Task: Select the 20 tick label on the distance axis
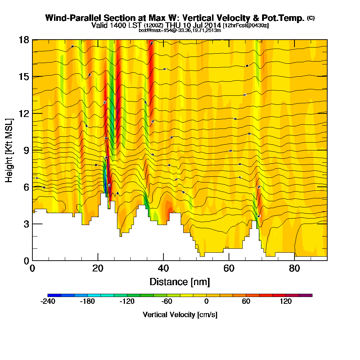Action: point(98,268)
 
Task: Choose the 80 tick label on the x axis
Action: point(294,268)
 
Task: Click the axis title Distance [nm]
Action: point(180,282)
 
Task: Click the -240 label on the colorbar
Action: point(48,302)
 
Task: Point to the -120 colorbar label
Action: point(127,302)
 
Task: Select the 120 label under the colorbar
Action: point(286,302)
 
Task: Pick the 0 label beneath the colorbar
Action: point(207,302)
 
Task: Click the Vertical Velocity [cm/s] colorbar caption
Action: point(180,315)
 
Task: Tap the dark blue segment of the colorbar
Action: point(54,295)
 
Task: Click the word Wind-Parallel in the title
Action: point(67,18)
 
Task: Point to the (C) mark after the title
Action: point(311,18)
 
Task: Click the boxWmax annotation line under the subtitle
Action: point(180,31)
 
